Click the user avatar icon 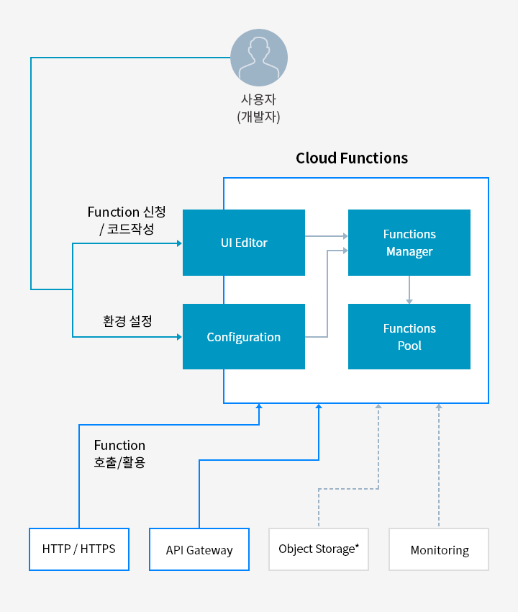point(259,58)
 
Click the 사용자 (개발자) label point(258,108)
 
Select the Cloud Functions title point(352,158)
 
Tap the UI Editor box point(244,243)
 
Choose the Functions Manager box point(409,243)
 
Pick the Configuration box point(244,336)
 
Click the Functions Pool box point(409,336)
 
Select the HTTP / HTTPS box point(79,549)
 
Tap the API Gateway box point(199,549)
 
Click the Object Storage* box point(319,549)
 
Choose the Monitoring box point(439,549)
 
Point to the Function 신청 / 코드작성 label point(127,220)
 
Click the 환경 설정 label point(127,321)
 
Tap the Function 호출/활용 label point(119,454)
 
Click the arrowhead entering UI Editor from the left point(179,243)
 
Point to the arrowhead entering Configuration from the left point(179,336)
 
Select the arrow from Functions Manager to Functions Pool point(409,289)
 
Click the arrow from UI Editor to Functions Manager point(327,235)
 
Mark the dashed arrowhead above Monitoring point(439,406)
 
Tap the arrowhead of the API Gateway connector point(319,406)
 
